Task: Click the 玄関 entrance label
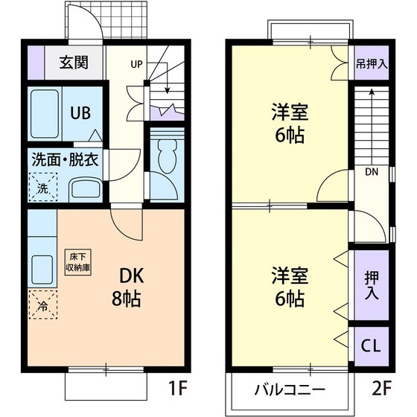click(x=74, y=62)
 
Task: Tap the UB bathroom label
click(x=80, y=113)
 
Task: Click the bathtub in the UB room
click(x=44, y=113)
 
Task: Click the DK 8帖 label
click(x=127, y=287)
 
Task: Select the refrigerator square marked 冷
click(x=43, y=304)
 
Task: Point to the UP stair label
click(x=137, y=64)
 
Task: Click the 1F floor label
click(x=176, y=388)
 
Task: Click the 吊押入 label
click(x=370, y=64)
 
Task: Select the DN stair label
click(x=370, y=172)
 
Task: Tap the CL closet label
click(x=370, y=346)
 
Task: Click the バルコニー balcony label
click(x=290, y=389)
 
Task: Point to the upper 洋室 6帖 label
click(x=288, y=124)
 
